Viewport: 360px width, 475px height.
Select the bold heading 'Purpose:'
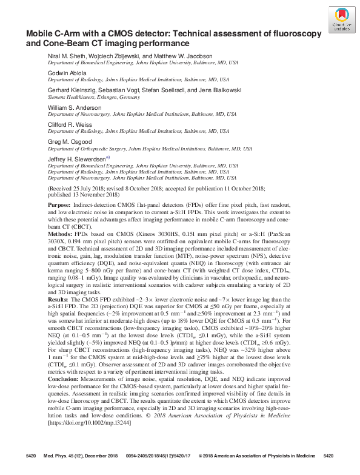click(59, 206)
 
